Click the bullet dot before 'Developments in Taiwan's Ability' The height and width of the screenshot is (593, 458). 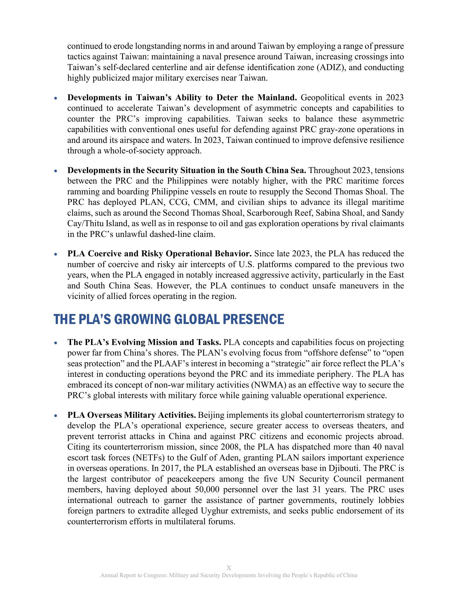[55, 98]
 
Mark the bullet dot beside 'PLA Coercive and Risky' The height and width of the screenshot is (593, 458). [55, 254]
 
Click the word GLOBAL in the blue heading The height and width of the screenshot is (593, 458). [197, 319]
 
